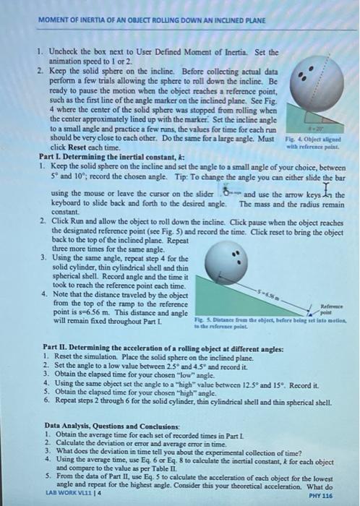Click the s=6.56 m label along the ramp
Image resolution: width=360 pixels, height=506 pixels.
pyautogui.click(x=283, y=294)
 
